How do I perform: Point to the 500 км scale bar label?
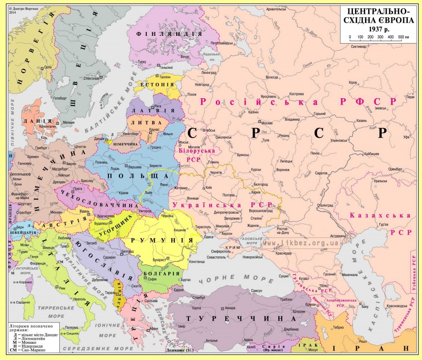pos(403,37)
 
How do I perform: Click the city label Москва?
pos(267,123)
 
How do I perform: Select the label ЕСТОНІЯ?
pos(158,84)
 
